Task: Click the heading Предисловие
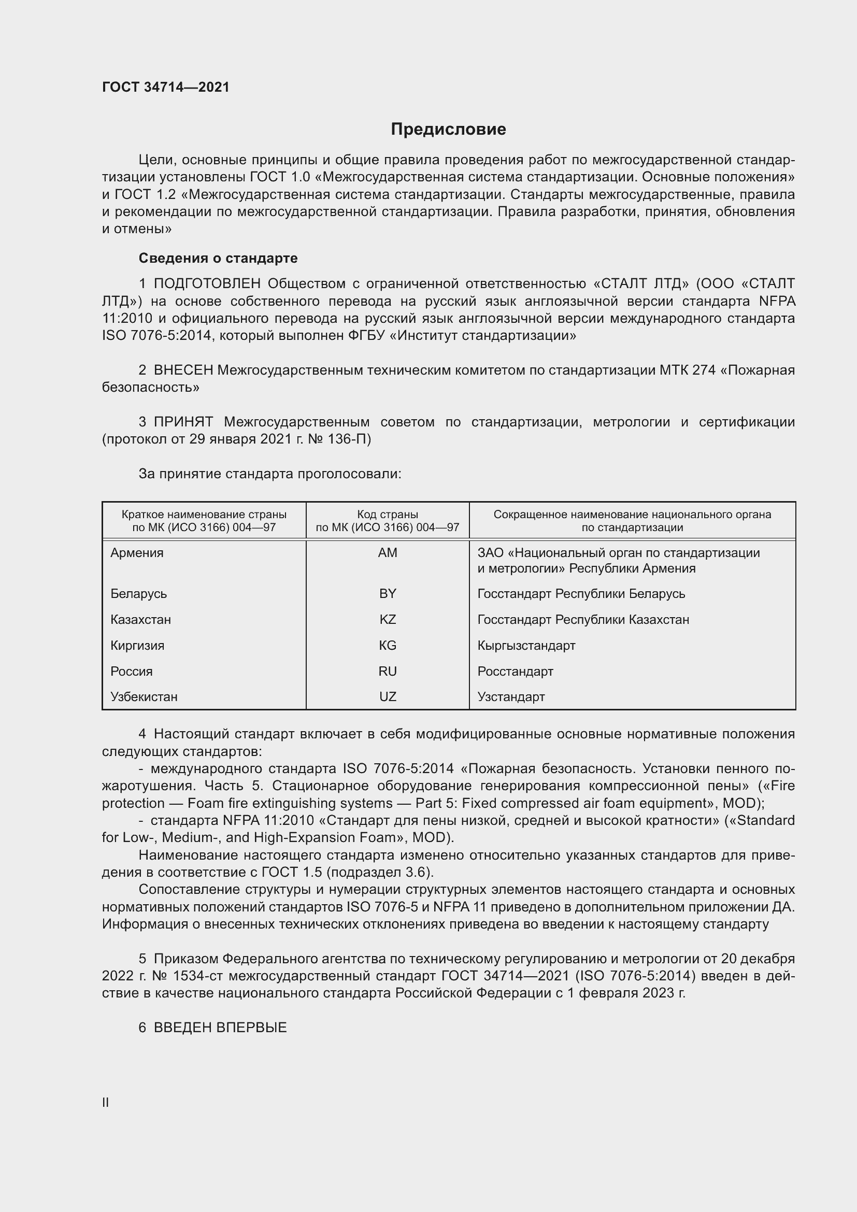(448, 130)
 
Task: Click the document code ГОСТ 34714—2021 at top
(166, 87)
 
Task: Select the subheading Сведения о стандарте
(218, 258)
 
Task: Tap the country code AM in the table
(388, 553)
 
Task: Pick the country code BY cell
(388, 593)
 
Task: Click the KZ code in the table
(388, 619)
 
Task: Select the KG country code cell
(388, 645)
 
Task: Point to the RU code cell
(388, 671)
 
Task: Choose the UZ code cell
(388, 696)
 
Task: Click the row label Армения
(137, 553)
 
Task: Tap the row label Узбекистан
(144, 696)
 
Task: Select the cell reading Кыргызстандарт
(526, 645)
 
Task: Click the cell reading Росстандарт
(515, 671)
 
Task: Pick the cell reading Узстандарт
(511, 696)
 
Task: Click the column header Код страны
(388, 514)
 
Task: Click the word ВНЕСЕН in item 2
(183, 370)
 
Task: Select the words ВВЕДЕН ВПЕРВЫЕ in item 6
(220, 1027)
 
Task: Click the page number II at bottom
(106, 1102)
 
